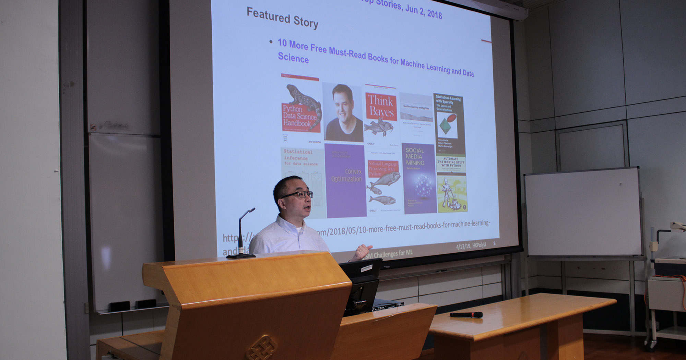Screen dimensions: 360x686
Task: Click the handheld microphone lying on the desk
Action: (466, 315)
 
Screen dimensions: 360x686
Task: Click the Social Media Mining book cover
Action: (419, 178)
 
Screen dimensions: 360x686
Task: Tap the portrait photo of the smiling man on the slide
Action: (343, 112)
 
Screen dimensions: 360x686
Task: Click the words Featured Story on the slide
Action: (282, 17)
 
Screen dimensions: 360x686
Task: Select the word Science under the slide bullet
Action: (293, 57)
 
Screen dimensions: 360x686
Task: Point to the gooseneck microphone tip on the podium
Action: (252, 209)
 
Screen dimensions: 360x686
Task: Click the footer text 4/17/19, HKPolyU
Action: (471, 246)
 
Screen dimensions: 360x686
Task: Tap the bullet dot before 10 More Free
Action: (271, 42)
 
